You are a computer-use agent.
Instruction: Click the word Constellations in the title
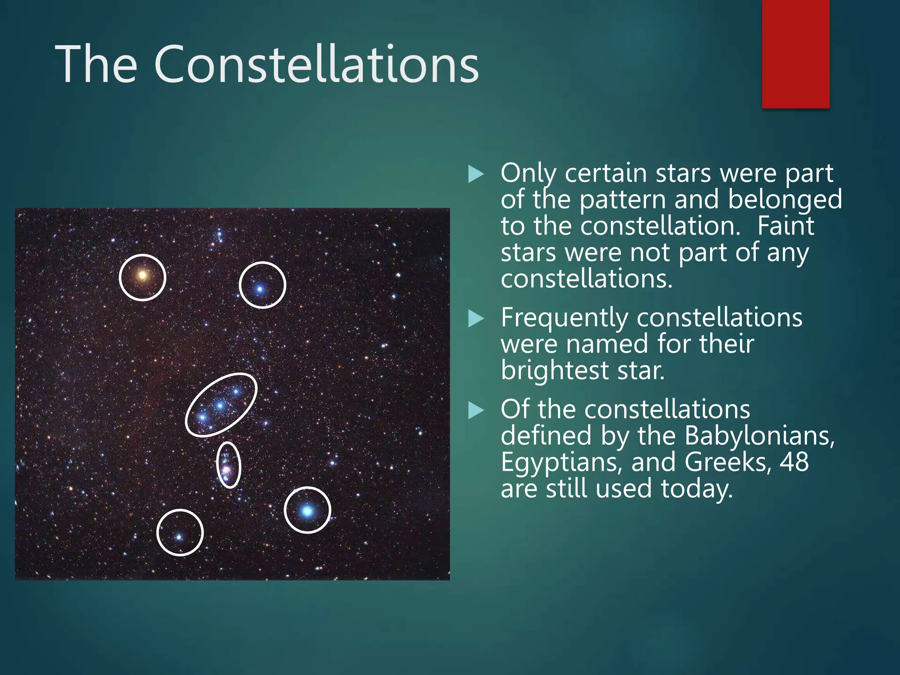point(316,65)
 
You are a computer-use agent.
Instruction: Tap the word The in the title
point(96,65)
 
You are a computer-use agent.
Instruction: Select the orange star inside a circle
point(142,276)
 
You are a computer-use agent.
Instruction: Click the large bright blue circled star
point(307,511)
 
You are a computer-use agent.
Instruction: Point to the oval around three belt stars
point(221,405)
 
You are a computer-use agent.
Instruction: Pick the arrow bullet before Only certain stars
point(476,174)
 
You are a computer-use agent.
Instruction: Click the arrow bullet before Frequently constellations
point(476,319)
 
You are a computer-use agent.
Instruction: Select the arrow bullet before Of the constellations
point(476,410)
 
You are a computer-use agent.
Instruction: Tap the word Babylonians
point(759,435)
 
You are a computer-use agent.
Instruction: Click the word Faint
point(785,226)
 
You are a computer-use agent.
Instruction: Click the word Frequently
point(565,318)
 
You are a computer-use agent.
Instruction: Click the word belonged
point(785,200)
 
